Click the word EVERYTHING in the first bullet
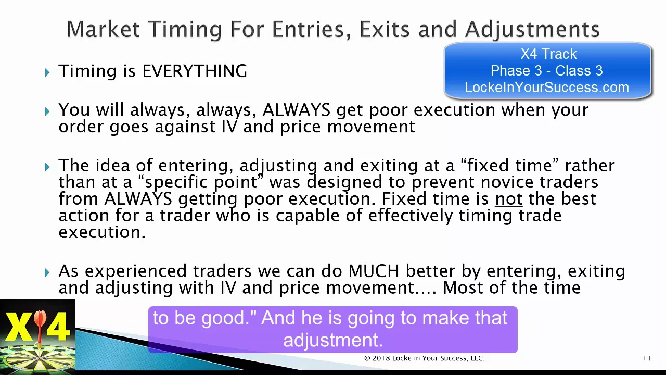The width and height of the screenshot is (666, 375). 195,71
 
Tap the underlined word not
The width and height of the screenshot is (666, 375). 509,198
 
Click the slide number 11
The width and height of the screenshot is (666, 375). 647,358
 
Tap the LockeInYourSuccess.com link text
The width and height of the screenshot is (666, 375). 547,87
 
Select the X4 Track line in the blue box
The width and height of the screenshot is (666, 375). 548,54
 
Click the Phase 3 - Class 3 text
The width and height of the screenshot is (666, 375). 546,71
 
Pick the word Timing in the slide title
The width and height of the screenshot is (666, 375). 185,30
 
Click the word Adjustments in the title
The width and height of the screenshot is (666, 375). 532,30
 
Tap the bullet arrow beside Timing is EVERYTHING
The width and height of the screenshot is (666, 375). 47,72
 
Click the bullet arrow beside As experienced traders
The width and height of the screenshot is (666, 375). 47,272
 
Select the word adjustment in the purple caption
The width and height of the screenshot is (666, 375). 332,340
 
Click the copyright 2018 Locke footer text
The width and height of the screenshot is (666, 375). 425,358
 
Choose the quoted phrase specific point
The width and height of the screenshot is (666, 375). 201,182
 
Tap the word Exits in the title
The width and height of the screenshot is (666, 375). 385,30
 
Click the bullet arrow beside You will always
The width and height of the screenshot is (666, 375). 47,111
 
